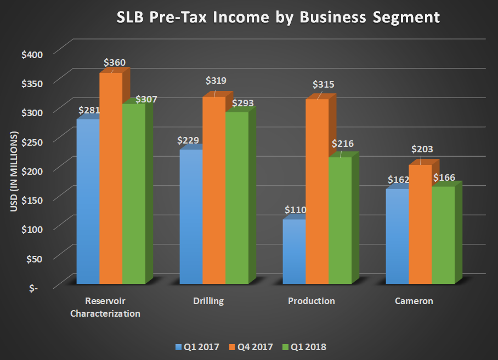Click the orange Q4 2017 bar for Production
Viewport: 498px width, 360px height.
point(316,192)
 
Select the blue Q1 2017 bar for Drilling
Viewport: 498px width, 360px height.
point(191,216)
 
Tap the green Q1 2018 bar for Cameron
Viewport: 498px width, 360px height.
point(443,236)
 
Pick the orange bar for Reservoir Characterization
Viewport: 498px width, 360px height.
point(111,178)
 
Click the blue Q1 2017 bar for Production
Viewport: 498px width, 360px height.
point(294,252)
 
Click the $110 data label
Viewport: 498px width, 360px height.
point(295,210)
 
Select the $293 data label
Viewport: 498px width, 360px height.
point(243,102)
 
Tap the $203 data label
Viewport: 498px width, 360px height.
point(422,149)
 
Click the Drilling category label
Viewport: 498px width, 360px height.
point(208,301)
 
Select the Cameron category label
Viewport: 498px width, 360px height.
point(414,301)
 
